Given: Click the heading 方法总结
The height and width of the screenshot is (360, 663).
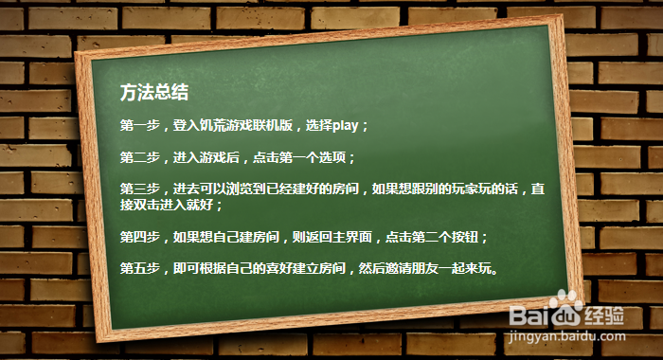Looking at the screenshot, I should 154,93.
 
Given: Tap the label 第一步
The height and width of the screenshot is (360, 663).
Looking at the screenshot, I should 139,125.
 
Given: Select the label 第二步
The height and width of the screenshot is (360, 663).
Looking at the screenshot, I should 139,156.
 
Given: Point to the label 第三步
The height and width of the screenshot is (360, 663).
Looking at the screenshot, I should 139,189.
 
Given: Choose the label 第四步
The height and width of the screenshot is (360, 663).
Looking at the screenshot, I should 139,236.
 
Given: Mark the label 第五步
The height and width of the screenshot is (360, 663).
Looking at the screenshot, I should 139,268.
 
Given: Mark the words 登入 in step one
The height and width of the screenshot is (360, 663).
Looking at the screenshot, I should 183,125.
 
